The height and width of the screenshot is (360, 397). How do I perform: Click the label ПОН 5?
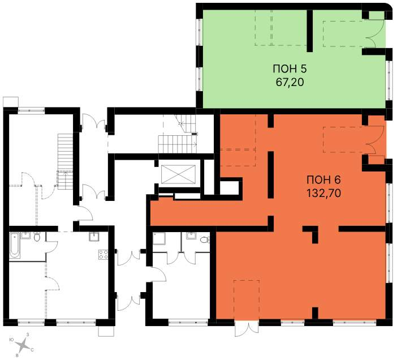290,68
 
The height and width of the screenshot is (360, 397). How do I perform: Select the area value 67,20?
290,82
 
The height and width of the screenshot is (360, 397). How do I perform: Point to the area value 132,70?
324,194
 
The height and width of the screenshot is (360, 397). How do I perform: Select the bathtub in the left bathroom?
15,245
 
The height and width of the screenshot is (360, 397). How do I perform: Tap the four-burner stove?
103,255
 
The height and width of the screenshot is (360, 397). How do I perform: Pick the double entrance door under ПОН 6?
247,328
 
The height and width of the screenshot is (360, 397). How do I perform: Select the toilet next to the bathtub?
37,237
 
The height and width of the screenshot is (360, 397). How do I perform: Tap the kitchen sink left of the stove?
94,237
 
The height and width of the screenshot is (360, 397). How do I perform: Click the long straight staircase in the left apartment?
66,161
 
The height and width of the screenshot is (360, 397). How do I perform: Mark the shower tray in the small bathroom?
159,239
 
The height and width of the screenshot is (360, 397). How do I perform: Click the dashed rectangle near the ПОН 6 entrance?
247,300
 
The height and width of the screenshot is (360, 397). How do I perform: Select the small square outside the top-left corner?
11,102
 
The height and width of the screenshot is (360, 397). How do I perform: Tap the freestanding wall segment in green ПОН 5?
310,31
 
